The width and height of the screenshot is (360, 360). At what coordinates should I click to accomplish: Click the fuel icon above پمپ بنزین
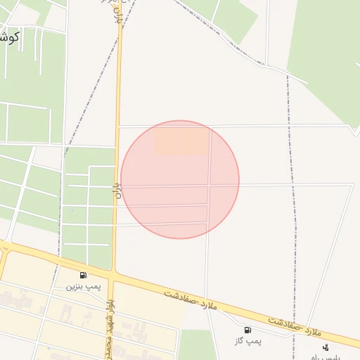click(x=83, y=275)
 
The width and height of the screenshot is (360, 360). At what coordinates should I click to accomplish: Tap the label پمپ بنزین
click(x=84, y=286)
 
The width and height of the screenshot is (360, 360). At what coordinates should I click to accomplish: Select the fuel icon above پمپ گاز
click(x=247, y=330)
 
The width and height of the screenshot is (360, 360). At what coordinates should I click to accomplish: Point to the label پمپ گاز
click(x=247, y=341)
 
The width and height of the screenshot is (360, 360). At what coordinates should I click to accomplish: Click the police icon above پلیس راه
click(x=326, y=347)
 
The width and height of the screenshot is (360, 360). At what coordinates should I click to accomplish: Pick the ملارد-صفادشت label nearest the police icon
click(x=294, y=324)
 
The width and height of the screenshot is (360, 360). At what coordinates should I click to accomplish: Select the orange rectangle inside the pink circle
click(x=181, y=141)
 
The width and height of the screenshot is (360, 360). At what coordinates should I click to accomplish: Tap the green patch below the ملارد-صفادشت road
click(x=196, y=345)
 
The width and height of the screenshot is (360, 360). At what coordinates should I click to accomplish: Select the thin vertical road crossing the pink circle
click(x=208, y=179)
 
